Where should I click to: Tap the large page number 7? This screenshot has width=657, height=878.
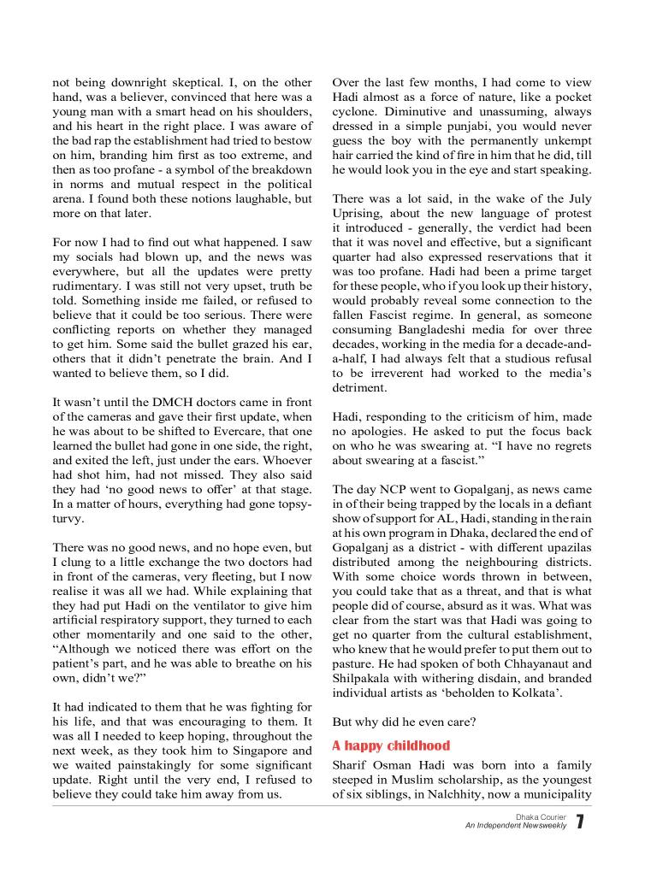point(580,822)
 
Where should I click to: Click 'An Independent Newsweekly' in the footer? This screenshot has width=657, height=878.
point(515,826)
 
